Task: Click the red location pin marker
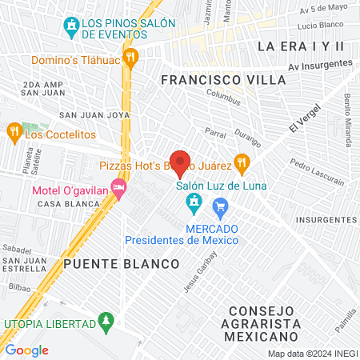181,162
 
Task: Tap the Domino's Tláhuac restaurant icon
132,58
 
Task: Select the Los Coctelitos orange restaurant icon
14,131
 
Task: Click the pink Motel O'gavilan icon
119,190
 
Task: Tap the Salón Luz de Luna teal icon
193,206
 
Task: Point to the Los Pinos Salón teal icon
73,26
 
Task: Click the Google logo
27,350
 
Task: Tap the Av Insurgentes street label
321,64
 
